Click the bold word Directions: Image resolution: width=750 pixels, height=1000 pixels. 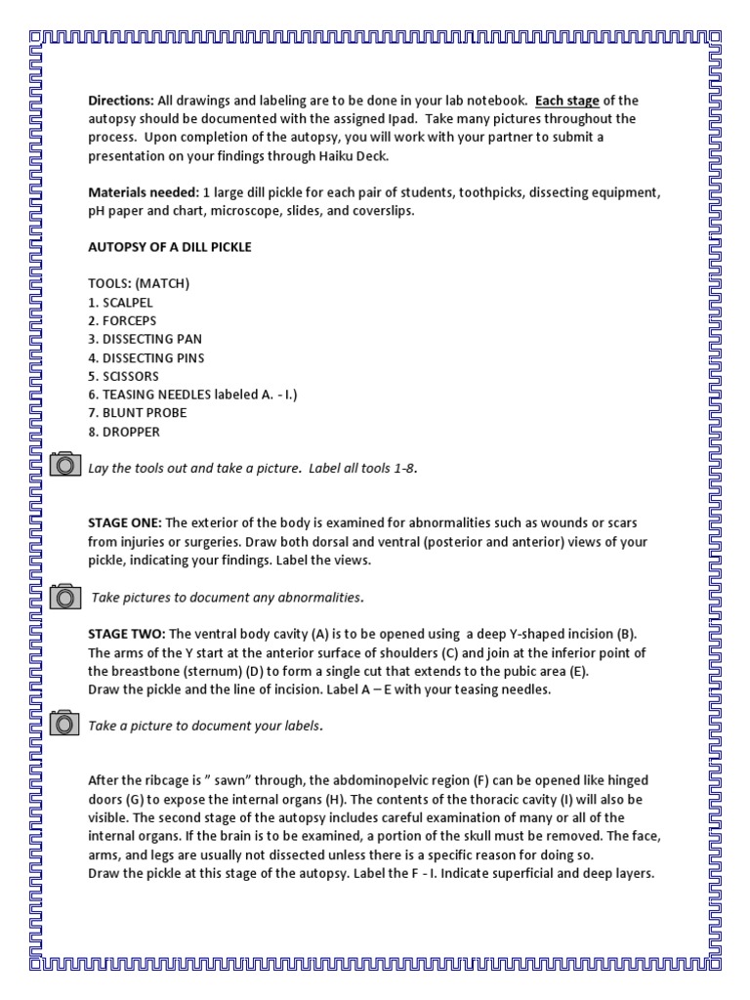(x=121, y=101)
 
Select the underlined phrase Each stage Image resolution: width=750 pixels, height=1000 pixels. (x=566, y=101)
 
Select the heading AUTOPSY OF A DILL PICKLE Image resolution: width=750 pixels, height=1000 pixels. (x=170, y=247)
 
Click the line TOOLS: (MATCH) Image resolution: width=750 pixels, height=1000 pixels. (x=139, y=284)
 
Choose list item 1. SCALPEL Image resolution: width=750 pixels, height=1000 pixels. (x=121, y=303)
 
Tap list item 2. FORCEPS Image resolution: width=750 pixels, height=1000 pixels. (x=122, y=321)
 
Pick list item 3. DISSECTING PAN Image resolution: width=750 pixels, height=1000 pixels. (x=146, y=339)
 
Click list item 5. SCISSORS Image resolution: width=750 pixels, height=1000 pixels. (x=123, y=376)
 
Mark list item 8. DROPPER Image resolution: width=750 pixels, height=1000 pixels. (x=124, y=432)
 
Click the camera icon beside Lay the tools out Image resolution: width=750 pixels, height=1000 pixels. (x=64, y=465)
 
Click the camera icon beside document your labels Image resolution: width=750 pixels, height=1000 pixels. (x=64, y=724)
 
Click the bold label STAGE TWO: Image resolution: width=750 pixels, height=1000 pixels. (x=126, y=634)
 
